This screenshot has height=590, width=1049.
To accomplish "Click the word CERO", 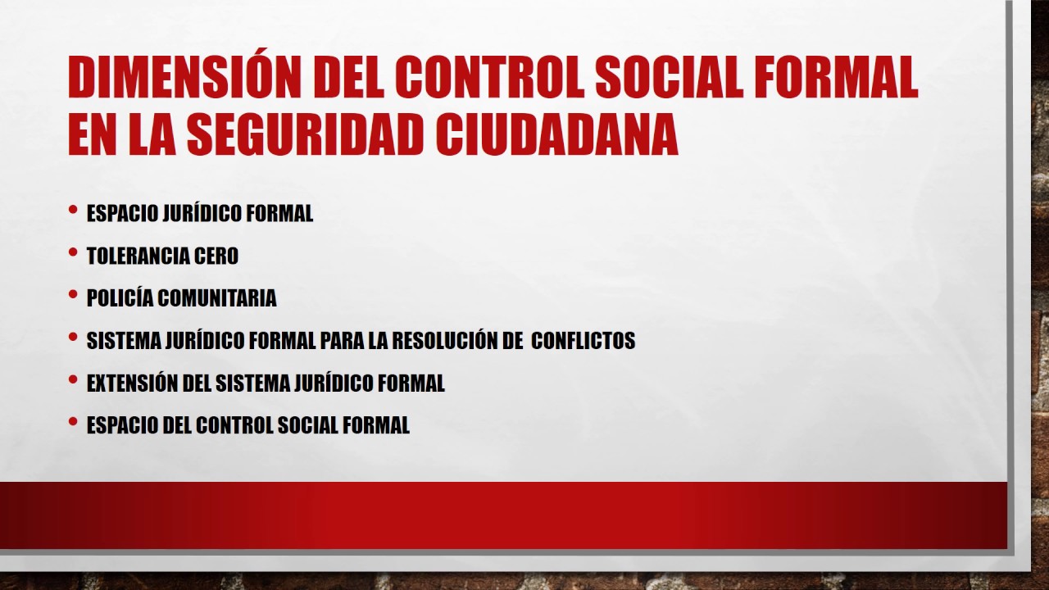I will (x=216, y=256).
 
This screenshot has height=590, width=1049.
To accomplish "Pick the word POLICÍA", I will (x=120, y=298).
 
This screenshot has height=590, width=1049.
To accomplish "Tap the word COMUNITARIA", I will (x=216, y=298).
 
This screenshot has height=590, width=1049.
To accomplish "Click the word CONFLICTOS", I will (x=583, y=341).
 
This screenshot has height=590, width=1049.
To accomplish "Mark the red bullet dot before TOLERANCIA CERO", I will (x=74, y=253).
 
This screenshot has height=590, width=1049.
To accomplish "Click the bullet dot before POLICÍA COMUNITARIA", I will (x=74, y=295).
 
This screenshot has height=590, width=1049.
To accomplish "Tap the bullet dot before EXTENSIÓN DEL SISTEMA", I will (x=74, y=380).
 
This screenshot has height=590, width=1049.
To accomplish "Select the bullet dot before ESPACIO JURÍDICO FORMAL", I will (x=74, y=211).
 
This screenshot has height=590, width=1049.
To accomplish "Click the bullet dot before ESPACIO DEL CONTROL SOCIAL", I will (x=74, y=423).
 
